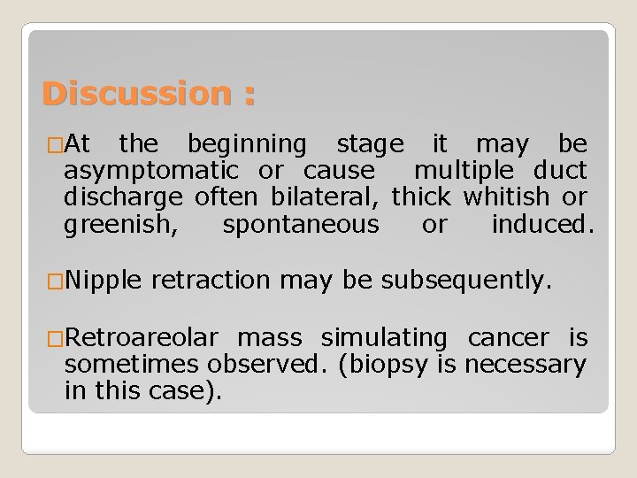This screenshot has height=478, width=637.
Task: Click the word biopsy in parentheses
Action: coord(379,364)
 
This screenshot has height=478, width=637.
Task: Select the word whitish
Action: coord(503,197)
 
